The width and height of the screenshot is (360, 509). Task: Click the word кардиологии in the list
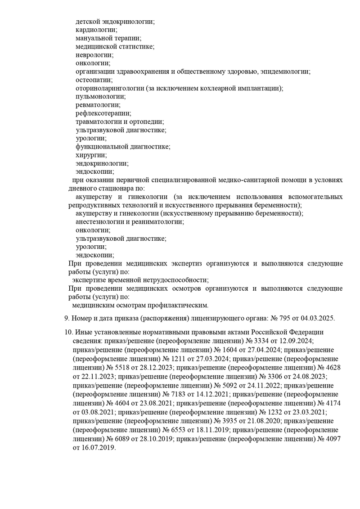pos(94,30)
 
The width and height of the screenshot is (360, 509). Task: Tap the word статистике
pos(137,46)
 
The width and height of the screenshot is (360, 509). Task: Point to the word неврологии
pos(94,55)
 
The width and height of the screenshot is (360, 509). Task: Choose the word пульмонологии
pos(100,96)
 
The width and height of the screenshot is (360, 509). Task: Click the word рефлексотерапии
pos(103,113)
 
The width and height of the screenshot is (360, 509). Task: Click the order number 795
pos(287,318)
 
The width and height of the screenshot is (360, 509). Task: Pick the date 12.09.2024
pos(297,340)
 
